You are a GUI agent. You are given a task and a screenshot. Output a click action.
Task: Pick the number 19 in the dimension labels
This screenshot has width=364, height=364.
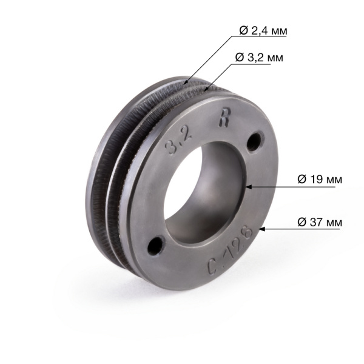(317, 180)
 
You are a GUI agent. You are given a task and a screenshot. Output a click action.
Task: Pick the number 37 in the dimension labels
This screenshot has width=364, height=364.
(317, 222)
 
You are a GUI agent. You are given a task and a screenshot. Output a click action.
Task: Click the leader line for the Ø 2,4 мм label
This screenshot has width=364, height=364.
(209, 58)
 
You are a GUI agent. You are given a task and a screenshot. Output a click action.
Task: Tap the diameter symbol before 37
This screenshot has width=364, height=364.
(302, 222)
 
